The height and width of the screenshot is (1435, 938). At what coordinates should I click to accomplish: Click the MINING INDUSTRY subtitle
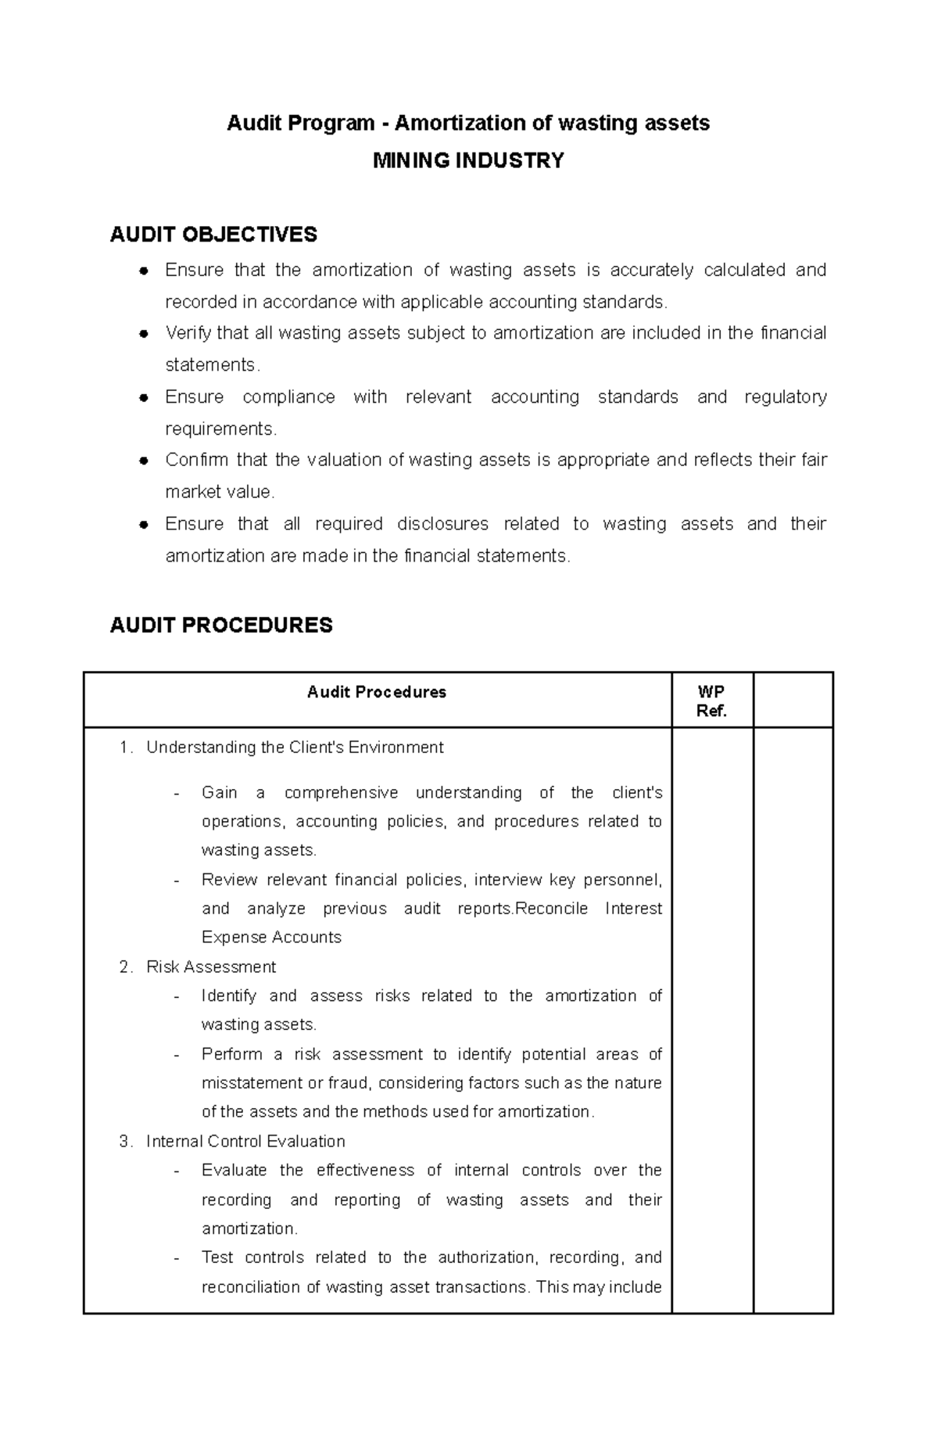[468, 161]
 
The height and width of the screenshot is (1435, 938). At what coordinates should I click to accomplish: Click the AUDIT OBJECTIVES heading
[213, 235]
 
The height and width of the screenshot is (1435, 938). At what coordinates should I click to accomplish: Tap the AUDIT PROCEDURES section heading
[221, 625]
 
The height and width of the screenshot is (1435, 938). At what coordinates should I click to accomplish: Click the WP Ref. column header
[711, 701]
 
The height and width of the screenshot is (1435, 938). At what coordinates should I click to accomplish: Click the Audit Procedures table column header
[377, 692]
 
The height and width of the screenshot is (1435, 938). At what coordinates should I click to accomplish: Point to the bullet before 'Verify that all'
[144, 334]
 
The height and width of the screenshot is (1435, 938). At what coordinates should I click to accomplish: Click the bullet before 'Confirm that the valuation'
[144, 461]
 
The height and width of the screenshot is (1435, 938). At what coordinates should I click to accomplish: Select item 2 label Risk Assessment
[211, 967]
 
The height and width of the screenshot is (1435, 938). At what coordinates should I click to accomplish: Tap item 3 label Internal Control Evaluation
[245, 1142]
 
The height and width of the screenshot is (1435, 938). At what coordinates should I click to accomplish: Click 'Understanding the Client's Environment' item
[295, 748]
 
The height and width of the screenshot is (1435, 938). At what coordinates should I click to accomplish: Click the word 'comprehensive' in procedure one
[341, 793]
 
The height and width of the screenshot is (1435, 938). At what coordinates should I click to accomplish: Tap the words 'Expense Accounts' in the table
[271, 938]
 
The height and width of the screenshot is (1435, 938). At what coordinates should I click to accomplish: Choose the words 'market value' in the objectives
[219, 493]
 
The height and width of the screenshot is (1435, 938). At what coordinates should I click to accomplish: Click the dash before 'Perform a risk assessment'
[177, 1055]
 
